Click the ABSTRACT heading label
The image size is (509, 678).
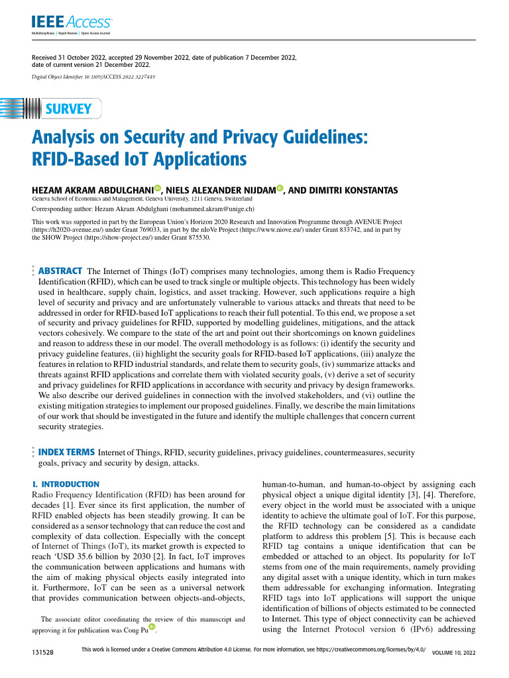60,271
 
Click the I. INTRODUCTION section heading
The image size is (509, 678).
66,484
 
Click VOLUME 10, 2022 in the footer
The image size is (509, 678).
453,653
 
